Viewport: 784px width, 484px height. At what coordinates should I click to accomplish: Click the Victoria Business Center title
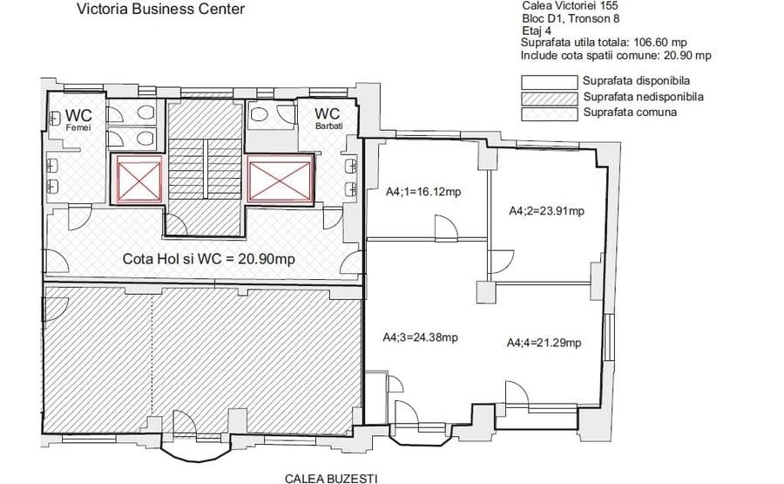tap(160, 10)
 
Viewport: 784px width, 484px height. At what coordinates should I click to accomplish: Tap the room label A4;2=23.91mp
tap(546, 210)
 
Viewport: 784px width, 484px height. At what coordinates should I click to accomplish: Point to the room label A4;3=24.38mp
tap(421, 337)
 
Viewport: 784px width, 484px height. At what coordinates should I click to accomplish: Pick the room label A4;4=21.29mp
tap(544, 343)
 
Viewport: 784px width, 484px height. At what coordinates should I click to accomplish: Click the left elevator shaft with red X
tap(136, 181)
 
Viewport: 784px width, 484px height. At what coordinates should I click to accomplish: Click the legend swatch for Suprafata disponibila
tap(549, 82)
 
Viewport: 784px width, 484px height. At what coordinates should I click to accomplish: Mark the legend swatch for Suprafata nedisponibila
tap(549, 98)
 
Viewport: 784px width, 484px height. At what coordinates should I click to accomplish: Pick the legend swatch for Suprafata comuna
tap(549, 113)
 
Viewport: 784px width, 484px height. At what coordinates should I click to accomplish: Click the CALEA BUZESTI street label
tap(324, 478)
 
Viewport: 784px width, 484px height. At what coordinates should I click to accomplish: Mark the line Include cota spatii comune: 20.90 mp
tap(615, 55)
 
